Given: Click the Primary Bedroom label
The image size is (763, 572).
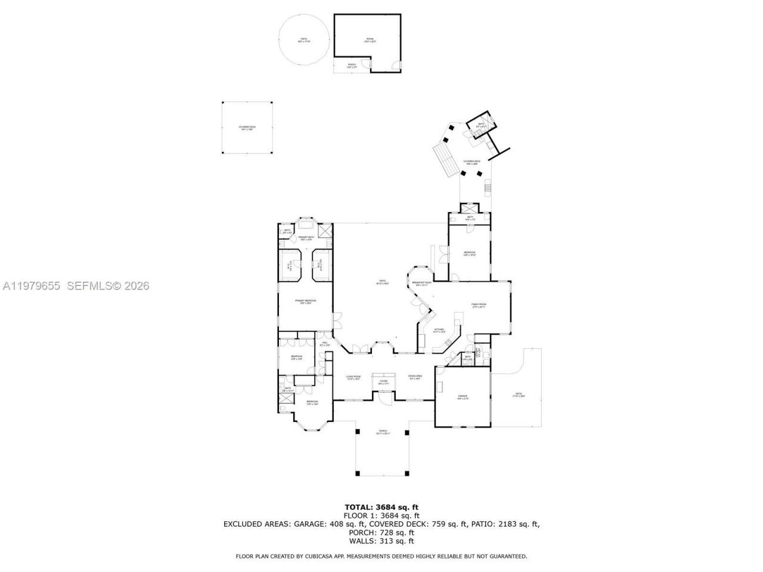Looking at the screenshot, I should [x=305, y=301].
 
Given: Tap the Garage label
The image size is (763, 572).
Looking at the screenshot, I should [x=463, y=397].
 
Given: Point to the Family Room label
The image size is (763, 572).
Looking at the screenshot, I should [x=479, y=306].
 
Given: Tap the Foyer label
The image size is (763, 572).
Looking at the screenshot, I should [x=383, y=382].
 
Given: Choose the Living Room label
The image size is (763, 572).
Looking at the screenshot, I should [x=353, y=377].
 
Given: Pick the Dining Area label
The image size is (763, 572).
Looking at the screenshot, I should [x=415, y=377].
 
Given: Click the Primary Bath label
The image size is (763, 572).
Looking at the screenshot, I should [x=306, y=238].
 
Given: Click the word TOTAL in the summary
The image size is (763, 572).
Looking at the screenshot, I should [x=360, y=507].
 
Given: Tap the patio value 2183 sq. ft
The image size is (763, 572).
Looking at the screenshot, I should [x=515, y=524].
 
